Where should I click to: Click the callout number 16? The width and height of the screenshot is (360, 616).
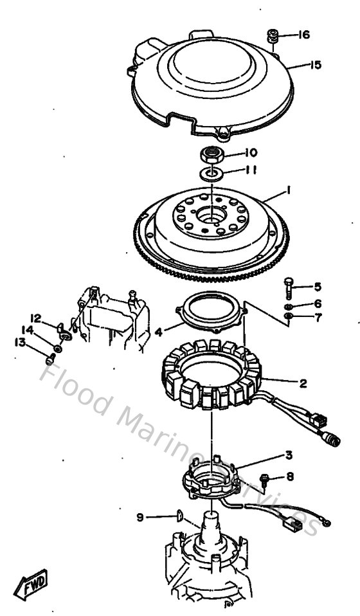[x=303, y=35]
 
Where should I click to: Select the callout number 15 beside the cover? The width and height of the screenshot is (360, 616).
[x=316, y=65]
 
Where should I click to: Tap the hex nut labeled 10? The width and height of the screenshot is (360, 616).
[x=212, y=154]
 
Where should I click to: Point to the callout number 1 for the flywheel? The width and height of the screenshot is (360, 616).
[x=289, y=191]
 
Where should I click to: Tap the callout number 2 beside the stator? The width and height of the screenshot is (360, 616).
[x=303, y=383]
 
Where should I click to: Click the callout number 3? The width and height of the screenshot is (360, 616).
[x=289, y=455]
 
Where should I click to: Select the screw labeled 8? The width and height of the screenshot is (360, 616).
[x=264, y=478]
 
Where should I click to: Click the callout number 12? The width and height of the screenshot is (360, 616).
[x=36, y=318]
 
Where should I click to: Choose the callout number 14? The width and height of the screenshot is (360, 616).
[x=27, y=330]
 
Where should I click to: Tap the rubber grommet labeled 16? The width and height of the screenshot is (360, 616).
[x=273, y=37]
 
